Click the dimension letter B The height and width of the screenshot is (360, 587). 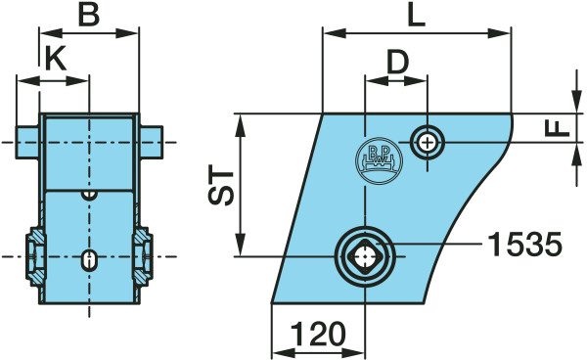tap(89, 15)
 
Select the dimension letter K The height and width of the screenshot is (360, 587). tap(56, 59)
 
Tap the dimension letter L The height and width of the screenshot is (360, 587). tap(417, 15)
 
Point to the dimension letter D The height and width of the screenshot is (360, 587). tap(397, 62)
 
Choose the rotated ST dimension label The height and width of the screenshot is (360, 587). tap(221, 188)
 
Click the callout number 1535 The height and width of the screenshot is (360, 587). tap(524, 244)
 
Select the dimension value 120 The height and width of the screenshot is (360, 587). tap(318, 334)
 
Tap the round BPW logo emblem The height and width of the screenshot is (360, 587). tap(379, 160)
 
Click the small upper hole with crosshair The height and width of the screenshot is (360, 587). tap(427, 142)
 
